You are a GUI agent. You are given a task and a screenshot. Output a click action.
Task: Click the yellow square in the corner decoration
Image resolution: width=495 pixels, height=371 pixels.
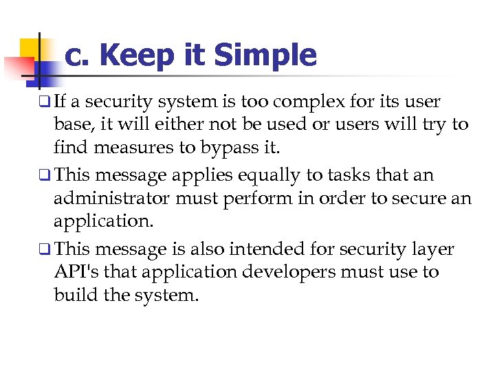[30, 49]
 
